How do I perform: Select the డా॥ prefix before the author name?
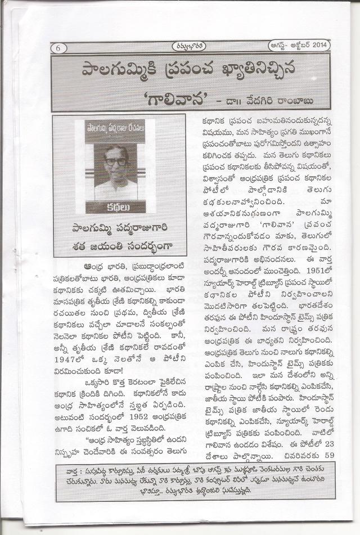(x=236, y=101)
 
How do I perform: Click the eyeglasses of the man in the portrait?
(x=116, y=162)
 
